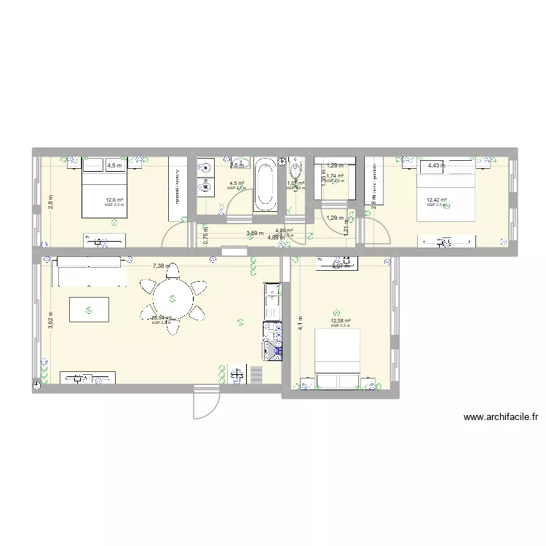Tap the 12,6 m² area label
click(114, 200)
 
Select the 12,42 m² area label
click(437, 200)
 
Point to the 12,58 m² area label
click(340, 321)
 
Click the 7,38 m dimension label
click(162, 266)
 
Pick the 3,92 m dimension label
click(50, 320)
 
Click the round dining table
click(173, 298)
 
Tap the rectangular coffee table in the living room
click(89, 309)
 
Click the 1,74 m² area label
click(335, 175)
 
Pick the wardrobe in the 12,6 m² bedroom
click(178, 188)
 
